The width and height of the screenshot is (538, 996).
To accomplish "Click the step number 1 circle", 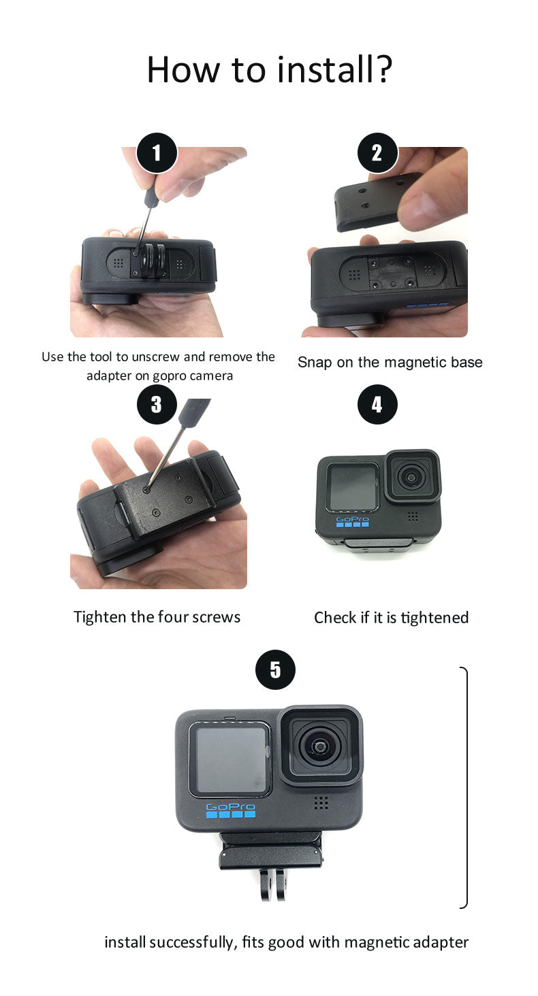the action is pyautogui.click(x=157, y=152).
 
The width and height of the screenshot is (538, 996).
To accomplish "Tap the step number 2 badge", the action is pyautogui.click(x=377, y=152).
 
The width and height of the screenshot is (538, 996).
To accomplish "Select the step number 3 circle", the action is pyautogui.click(x=157, y=404).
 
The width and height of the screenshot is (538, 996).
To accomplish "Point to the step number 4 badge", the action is pyautogui.click(x=377, y=404).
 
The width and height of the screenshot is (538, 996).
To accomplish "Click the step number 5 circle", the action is pyautogui.click(x=275, y=669).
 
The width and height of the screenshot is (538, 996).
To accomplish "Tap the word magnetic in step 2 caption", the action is pyautogui.click(x=415, y=363).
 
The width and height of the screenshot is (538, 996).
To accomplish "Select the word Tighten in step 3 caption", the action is pyautogui.click(x=101, y=617).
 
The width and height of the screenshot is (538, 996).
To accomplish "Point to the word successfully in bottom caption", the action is pyautogui.click(x=193, y=942).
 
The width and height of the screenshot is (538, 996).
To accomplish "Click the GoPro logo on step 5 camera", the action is pyautogui.click(x=230, y=810).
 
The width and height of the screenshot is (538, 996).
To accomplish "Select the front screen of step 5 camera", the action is pyautogui.click(x=230, y=760).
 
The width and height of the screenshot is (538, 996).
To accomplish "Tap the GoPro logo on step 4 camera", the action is pyautogui.click(x=353, y=522).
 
